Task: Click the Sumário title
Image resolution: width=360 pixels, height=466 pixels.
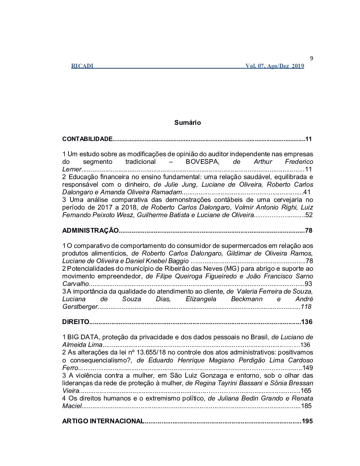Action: [x=188, y=122]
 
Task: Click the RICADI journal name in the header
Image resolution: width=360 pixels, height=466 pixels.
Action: [x=82, y=66]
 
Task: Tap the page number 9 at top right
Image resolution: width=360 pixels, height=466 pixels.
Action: [x=311, y=59]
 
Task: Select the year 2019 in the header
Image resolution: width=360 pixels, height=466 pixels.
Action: [x=298, y=66]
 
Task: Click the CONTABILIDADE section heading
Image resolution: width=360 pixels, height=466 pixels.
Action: [x=87, y=139]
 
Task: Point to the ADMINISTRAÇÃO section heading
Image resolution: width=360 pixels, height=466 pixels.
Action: [x=90, y=230]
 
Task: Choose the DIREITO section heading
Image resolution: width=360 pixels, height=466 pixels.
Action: [x=76, y=322]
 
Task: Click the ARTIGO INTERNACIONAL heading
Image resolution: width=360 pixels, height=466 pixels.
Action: [x=103, y=421]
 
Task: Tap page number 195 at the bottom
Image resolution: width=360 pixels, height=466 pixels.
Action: [x=307, y=421]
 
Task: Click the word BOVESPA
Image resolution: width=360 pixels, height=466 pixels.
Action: [x=202, y=162]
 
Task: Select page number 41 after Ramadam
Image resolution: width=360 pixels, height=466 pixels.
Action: [x=307, y=192]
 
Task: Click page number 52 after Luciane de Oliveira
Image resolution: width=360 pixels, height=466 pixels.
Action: [x=309, y=215]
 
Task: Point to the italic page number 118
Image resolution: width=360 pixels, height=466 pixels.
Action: [x=306, y=306]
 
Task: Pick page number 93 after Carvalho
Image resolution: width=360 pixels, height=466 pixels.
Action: [x=308, y=284]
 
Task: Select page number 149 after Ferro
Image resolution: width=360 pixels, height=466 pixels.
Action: [x=307, y=368]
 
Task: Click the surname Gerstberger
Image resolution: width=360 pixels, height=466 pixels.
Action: [x=80, y=306]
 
